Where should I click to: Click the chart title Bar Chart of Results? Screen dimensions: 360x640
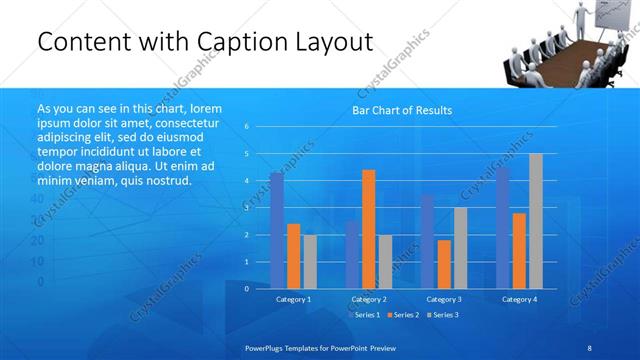coord(402,110)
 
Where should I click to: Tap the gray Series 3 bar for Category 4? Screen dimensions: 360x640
coord(536,221)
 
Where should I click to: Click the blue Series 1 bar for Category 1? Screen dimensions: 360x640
coord(277,230)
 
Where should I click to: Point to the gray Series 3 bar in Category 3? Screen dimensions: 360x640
coord(460,247)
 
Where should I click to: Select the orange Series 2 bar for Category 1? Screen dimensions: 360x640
coord(293,255)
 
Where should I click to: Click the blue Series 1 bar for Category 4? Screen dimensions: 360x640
coord(503,227)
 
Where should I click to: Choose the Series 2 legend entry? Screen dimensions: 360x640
coord(404,315)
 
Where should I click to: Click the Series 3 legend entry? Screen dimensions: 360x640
coord(444,315)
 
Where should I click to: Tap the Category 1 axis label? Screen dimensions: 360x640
coord(293,299)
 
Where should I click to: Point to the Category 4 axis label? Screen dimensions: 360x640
coord(519,299)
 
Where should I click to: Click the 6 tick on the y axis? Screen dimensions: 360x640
coord(247,126)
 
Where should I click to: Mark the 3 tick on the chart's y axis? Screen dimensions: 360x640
coord(247,207)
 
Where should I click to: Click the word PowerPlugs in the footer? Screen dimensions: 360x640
coord(266,346)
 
